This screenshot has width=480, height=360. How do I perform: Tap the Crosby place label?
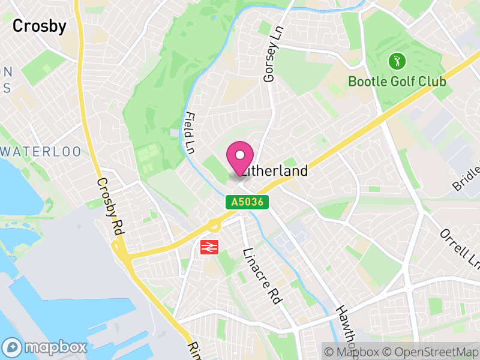(x=39, y=26)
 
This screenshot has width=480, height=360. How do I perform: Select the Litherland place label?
(x=277, y=170)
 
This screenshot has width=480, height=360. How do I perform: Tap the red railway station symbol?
(x=209, y=246)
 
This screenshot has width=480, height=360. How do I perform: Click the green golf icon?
(x=397, y=61)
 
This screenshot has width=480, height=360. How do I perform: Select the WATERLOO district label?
(x=41, y=151)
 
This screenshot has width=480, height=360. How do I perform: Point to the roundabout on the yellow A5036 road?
(x=213, y=226)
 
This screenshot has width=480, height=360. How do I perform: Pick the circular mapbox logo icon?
(x=13, y=347)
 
